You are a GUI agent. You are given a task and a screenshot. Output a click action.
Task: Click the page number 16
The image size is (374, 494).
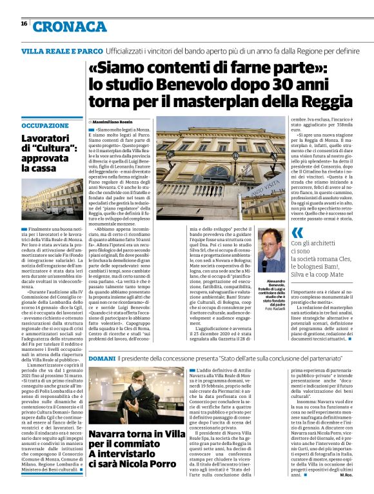pos(23,23)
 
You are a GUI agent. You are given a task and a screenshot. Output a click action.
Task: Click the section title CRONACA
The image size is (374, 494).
pos(70,27)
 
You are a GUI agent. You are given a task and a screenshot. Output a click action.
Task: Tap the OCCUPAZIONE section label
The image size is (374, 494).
pos(44,126)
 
